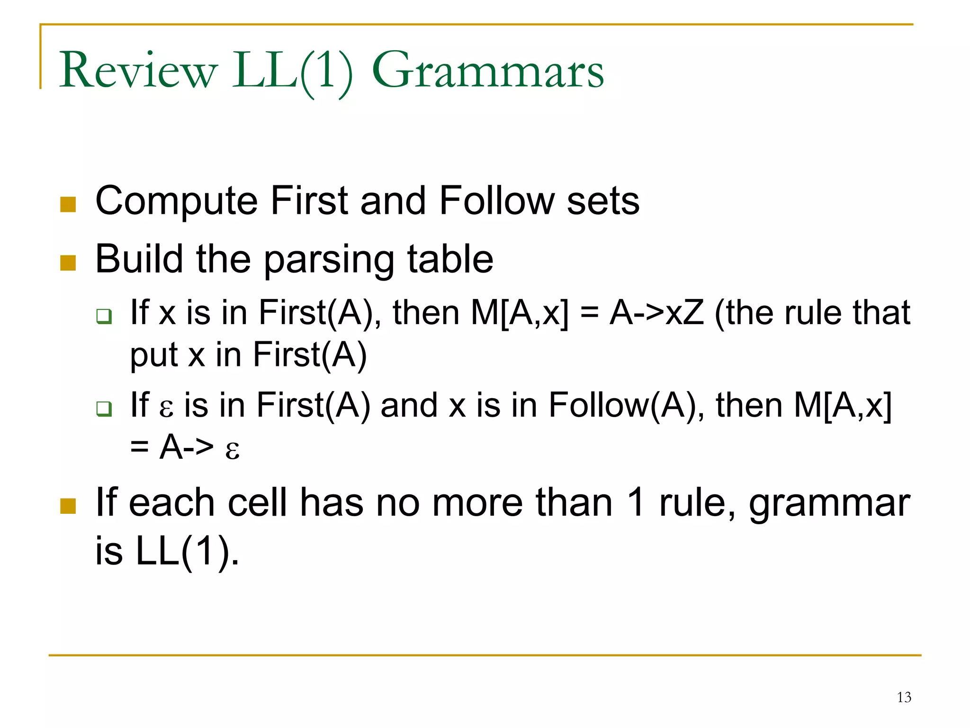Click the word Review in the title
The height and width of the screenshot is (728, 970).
[138, 71]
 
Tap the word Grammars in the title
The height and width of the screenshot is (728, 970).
[488, 71]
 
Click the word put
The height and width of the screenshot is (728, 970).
[153, 355]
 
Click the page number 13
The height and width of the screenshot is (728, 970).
[904, 697]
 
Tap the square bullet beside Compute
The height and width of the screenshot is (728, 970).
[68, 205]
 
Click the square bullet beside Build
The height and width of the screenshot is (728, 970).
[68, 263]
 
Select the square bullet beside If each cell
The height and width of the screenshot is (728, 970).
[68, 506]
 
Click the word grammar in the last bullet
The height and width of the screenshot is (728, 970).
[829, 503]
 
